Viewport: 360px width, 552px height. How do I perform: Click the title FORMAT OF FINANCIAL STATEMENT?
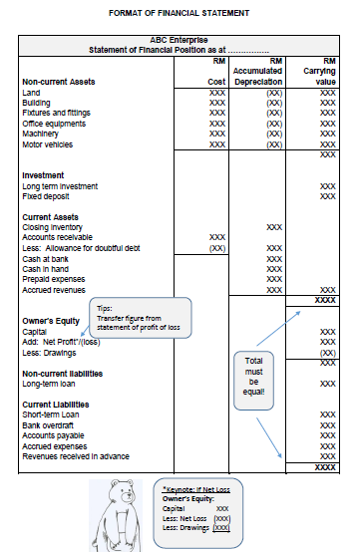(x=180, y=12)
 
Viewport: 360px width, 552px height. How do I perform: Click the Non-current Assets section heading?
(x=59, y=82)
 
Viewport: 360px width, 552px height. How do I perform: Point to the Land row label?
(x=31, y=93)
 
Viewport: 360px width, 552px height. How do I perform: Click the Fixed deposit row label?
(x=46, y=196)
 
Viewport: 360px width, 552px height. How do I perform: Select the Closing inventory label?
(x=52, y=227)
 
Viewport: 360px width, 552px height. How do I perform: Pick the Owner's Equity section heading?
(x=53, y=322)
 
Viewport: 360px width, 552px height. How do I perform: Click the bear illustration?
(x=119, y=514)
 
